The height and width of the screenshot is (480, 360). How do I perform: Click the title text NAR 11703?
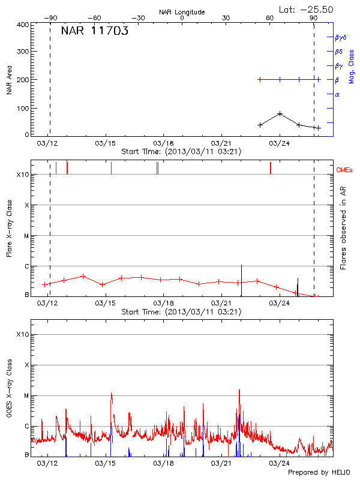[x=94, y=32]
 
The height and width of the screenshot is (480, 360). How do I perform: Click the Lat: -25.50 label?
[x=307, y=10]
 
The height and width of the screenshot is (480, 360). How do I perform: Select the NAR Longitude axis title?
[x=182, y=12]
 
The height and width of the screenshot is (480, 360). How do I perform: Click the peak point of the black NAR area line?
[x=280, y=113]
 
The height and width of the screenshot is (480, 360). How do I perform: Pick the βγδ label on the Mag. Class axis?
[x=341, y=37]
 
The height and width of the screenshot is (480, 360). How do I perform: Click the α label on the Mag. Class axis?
[x=337, y=94]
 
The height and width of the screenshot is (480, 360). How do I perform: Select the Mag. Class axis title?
[x=352, y=67]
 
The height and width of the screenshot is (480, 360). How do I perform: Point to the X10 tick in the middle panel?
[x=23, y=175]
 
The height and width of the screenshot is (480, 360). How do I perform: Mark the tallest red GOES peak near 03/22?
[x=239, y=389]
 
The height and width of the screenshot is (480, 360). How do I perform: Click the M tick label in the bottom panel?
[x=26, y=396]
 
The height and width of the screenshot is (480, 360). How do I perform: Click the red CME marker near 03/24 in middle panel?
[x=271, y=167]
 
